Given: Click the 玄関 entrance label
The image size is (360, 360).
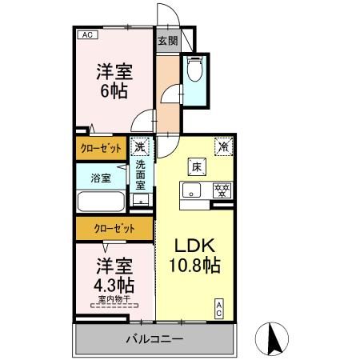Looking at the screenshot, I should (x=167, y=42).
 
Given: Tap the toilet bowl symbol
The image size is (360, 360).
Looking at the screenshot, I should (x=194, y=73).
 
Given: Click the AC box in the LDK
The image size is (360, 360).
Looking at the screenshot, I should (x=219, y=309).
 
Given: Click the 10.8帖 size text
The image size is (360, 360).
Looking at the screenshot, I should (x=194, y=263).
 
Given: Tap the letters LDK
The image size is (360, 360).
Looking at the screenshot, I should (x=193, y=244).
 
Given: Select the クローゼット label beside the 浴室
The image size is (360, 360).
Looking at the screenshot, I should (x=101, y=148).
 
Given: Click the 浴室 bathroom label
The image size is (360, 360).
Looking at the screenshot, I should (x=100, y=178).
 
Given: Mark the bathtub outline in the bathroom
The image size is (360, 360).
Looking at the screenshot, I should (x=100, y=202).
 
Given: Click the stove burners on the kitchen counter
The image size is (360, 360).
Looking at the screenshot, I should (x=222, y=190).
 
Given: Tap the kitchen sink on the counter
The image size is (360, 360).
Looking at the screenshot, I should (x=191, y=190).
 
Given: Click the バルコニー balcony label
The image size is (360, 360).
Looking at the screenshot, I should (x=154, y=339).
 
